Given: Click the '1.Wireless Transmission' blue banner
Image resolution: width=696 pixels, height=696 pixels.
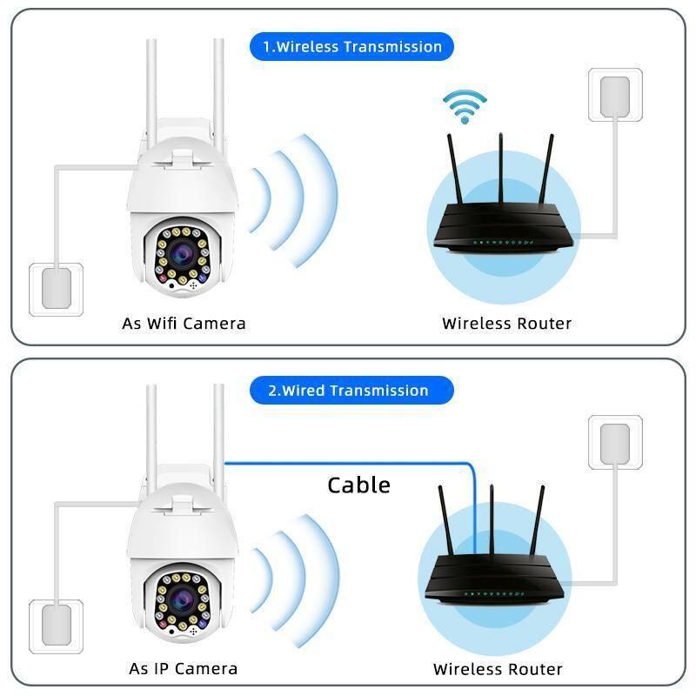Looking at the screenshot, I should (351, 46).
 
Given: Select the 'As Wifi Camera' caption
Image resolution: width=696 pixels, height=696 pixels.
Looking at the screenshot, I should (184, 324).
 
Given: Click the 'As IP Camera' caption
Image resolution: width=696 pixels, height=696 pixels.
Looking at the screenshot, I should (183, 669).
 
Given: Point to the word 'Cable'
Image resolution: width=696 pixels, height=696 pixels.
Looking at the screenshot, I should (358, 485).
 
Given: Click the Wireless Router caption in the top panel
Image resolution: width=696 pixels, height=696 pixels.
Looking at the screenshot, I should (506, 324).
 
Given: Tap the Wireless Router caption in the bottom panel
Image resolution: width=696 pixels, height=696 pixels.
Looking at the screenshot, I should (498, 669).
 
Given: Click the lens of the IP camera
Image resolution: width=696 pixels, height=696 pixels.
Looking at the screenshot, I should (183, 599).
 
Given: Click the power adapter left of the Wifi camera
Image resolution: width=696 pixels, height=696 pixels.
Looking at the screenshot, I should (56, 288).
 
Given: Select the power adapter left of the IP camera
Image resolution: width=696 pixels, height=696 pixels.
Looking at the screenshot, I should (56, 626).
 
